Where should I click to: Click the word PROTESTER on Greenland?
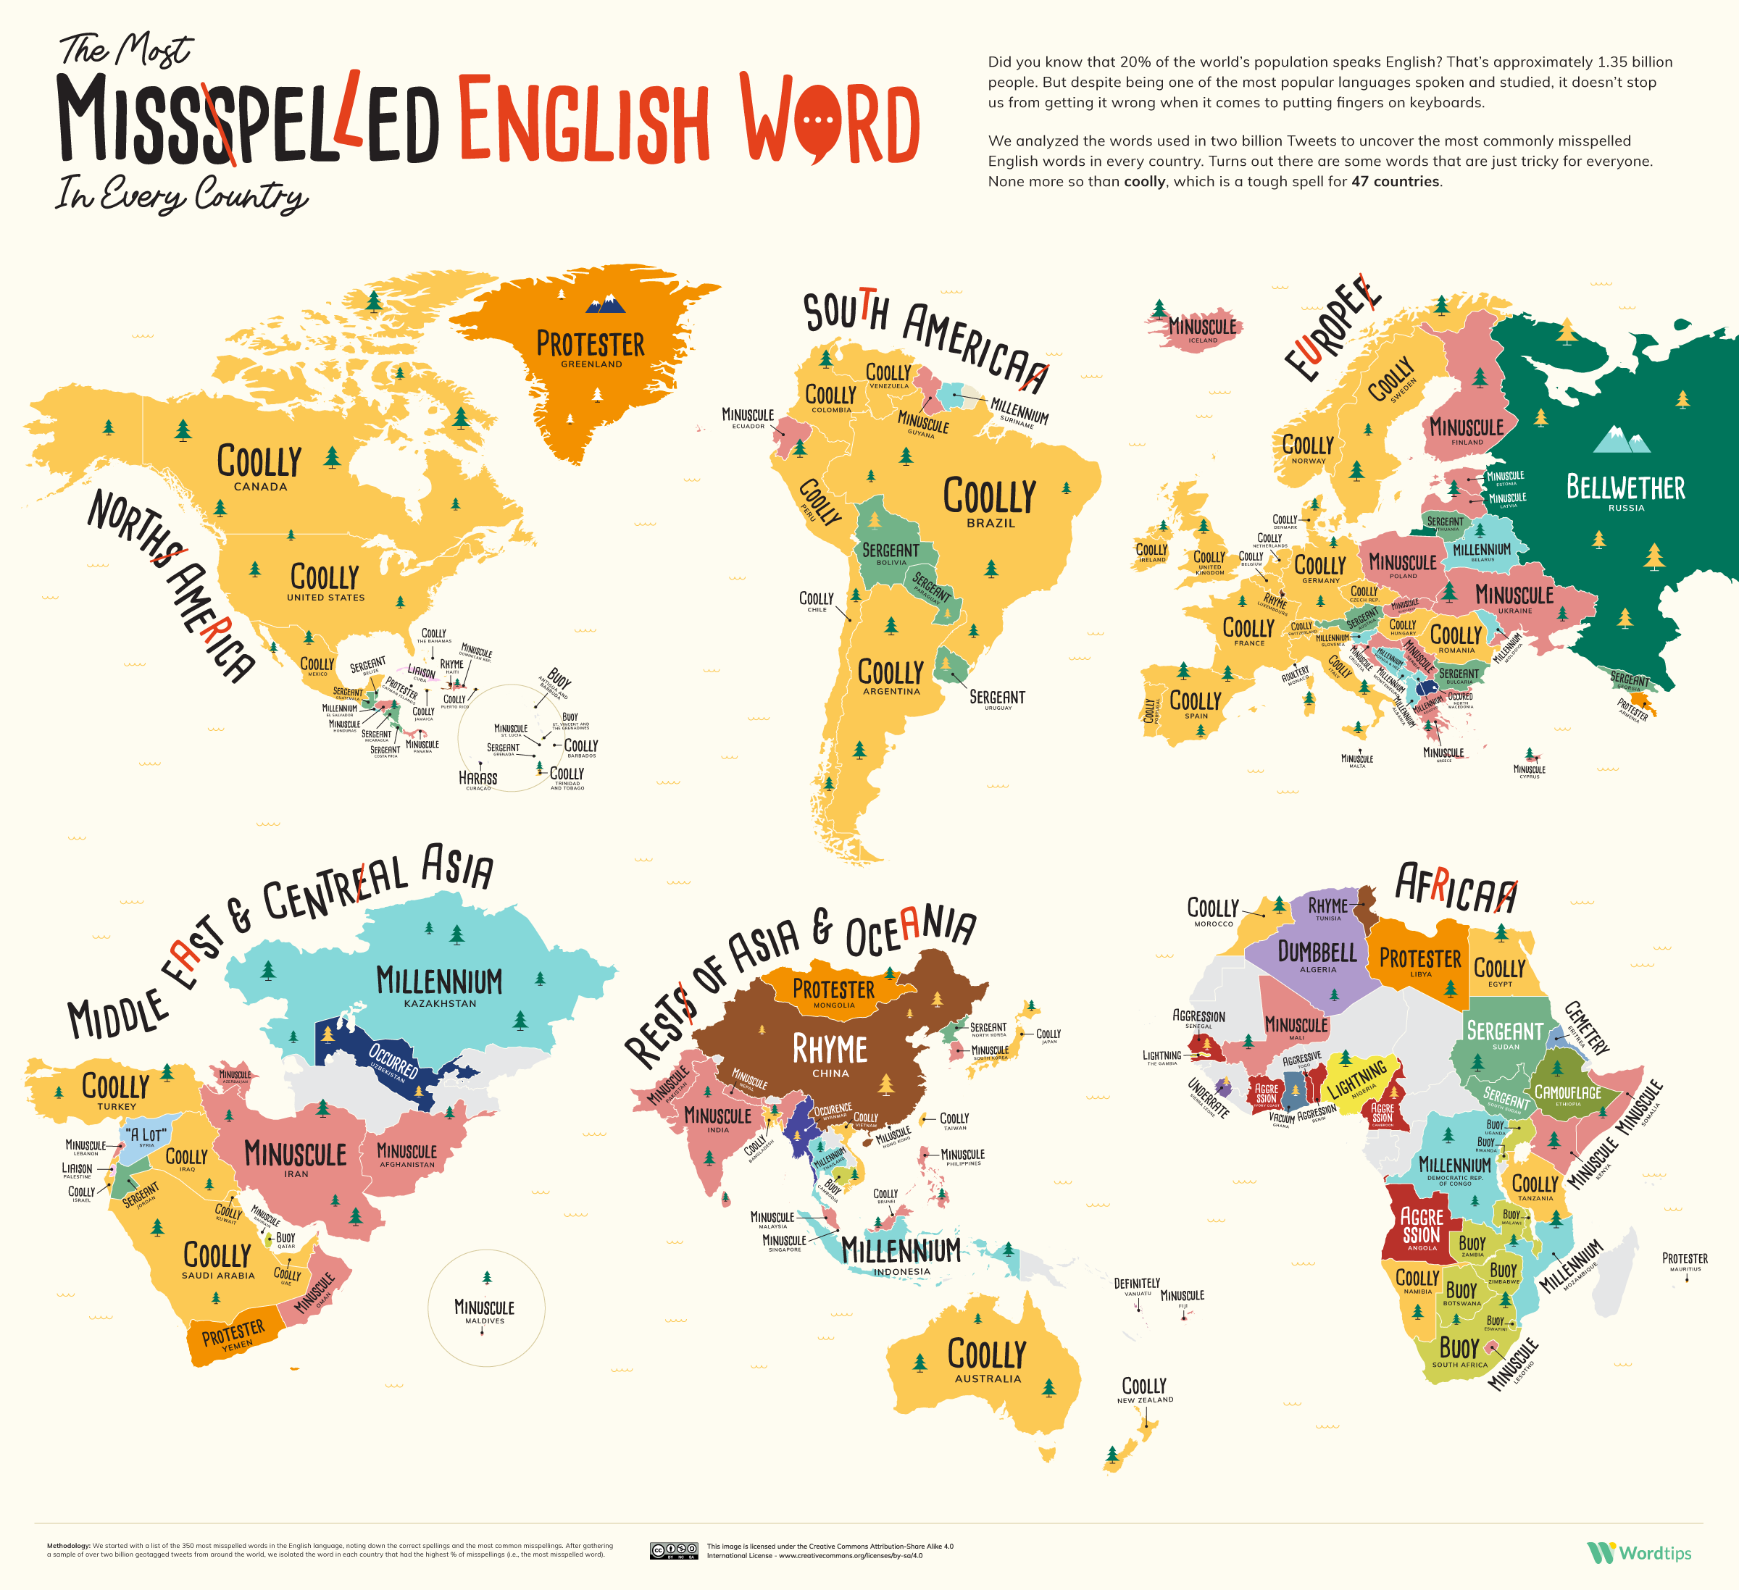(x=590, y=344)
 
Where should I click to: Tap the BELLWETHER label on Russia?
(x=1625, y=488)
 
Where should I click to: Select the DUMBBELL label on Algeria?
(x=1317, y=952)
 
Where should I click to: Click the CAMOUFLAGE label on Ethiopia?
(x=1567, y=1092)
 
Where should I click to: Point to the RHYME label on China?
(x=830, y=1050)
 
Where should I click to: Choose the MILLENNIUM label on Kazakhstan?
(x=439, y=982)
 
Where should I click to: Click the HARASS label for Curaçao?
(x=478, y=778)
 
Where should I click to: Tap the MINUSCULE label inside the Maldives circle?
(x=484, y=1308)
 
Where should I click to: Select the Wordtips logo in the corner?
(x=1639, y=1553)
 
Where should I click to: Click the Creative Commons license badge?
(x=674, y=1550)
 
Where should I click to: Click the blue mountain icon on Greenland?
(x=606, y=304)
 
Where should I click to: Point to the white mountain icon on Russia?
(x=1621, y=440)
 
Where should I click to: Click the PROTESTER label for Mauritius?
(x=1685, y=1259)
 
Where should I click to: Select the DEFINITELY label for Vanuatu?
(x=1137, y=1284)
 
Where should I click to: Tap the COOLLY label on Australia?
(x=987, y=1355)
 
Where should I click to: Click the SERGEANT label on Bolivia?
(x=891, y=550)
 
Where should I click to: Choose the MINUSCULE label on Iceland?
(x=1203, y=327)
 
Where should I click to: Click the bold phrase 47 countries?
(x=1396, y=181)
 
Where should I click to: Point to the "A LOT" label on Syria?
(x=146, y=1134)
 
